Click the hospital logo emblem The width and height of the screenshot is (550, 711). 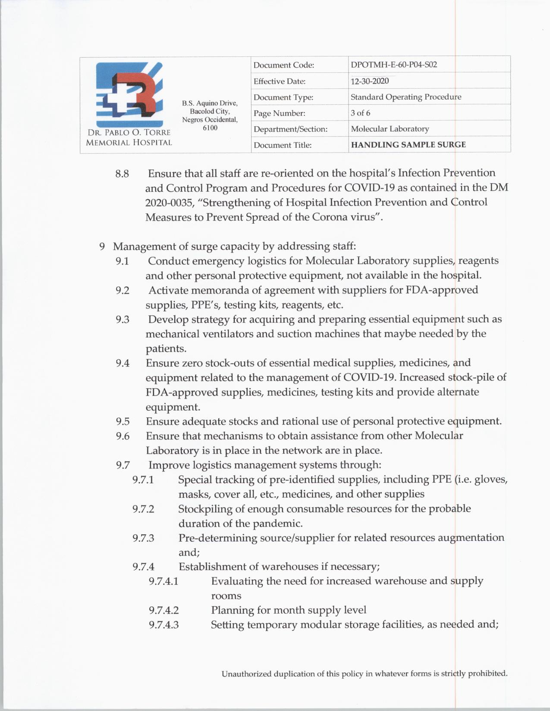tap(129, 94)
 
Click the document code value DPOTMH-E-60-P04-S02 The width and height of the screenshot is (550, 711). tap(394, 65)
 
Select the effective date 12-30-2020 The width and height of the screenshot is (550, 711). tap(370, 81)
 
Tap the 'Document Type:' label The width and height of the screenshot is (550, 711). tap(283, 97)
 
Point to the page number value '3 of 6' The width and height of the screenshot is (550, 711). tap(360, 113)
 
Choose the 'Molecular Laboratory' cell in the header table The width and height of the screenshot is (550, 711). tap(390, 129)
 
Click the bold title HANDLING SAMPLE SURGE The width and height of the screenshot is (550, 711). tap(408, 145)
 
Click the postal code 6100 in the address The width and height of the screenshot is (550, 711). tap(210, 128)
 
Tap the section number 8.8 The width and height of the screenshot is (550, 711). tap(122, 174)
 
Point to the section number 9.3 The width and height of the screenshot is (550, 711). tap(122, 320)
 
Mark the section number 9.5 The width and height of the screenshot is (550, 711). tap(123, 422)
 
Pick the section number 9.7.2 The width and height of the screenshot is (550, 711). tap(143, 509)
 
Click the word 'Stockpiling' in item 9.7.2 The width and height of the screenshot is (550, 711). tap(205, 509)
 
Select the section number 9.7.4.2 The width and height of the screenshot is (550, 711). tap(163, 611)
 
